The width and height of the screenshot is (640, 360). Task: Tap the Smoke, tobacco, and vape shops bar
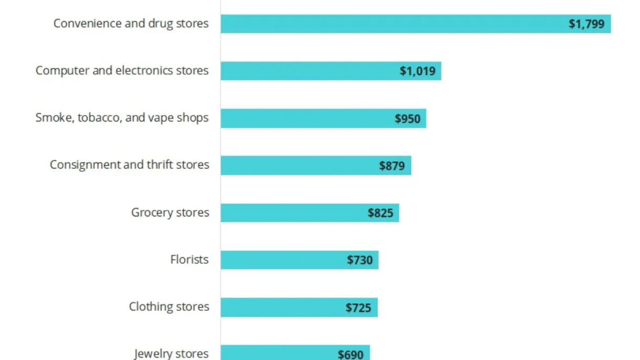(x=304, y=118)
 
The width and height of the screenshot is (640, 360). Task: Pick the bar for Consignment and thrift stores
(x=299, y=165)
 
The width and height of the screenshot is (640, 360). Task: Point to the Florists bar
(x=283, y=260)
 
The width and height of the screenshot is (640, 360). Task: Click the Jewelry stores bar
(x=278, y=353)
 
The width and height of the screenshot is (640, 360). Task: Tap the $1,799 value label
(x=586, y=24)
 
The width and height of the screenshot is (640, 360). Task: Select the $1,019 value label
(x=418, y=71)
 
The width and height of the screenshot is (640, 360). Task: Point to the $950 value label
(x=408, y=119)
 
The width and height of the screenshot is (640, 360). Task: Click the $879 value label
(x=392, y=166)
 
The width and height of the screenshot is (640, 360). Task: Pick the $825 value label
(x=380, y=214)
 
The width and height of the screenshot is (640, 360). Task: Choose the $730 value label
(x=360, y=260)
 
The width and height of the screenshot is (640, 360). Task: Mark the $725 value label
(x=359, y=308)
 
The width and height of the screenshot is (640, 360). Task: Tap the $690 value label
(x=350, y=354)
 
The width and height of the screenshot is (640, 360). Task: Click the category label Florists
(x=189, y=260)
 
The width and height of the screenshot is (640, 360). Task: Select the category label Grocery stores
(x=170, y=213)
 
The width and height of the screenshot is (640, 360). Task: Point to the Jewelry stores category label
(x=171, y=354)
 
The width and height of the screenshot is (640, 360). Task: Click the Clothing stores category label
(x=169, y=307)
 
